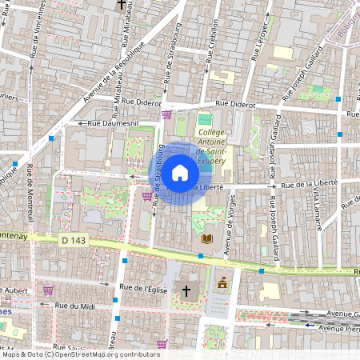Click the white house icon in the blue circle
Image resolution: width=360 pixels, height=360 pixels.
pos(180,173)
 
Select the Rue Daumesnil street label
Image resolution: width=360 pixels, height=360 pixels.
pos(112,122)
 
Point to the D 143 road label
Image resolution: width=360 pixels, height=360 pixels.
pos(73,239)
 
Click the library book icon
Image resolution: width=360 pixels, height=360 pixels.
pos(207,238)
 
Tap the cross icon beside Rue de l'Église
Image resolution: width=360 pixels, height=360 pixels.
pos(188,290)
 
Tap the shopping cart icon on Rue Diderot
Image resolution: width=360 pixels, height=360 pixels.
pos(166,114)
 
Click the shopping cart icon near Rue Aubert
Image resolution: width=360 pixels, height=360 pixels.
pos(48,290)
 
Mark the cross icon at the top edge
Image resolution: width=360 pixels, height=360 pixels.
pos(122,5)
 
